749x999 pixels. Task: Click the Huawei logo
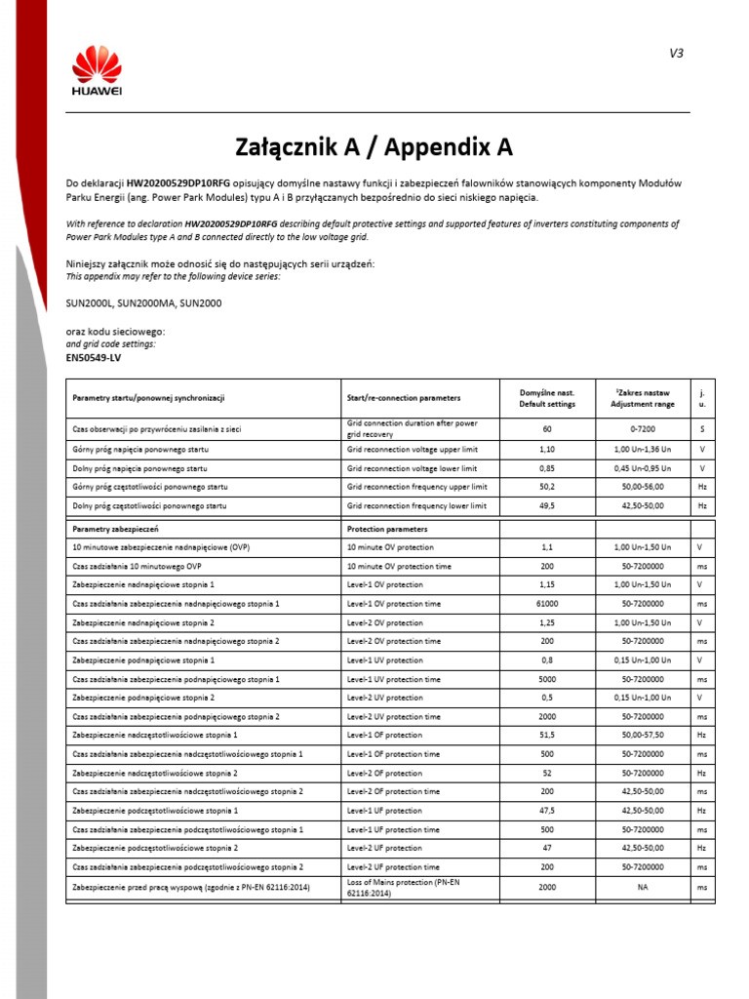tap(97, 73)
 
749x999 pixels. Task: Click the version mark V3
tap(676, 54)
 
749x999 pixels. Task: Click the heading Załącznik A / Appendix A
tap(374, 147)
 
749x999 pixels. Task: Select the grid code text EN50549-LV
tap(94, 358)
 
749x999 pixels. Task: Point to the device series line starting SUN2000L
tap(143, 303)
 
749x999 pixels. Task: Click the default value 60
tap(547, 428)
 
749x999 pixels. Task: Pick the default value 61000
tap(547, 604)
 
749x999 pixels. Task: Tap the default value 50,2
tap(547, 487)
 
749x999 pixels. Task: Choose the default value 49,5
tap(547, 506)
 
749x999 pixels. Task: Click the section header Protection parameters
tap(387, 529)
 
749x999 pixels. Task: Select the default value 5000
tap(547, 679)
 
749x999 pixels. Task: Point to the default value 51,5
tap(547, 735)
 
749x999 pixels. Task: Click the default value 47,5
tap(547, 811)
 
